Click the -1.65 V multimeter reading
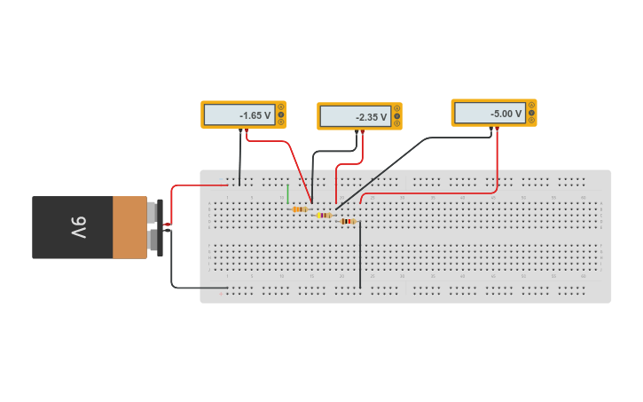point(239,115)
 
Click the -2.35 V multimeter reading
point(356,117)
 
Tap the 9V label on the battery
point(78,227)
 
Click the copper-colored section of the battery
point(129,227)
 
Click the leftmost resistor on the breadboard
point(299,209)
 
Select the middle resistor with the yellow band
point(324,215)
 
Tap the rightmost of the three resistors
point(348,221)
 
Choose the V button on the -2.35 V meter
point(396,116)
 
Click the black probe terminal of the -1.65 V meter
point(239,130)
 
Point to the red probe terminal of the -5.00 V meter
point(497,129)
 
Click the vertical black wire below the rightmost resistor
point(360,257)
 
